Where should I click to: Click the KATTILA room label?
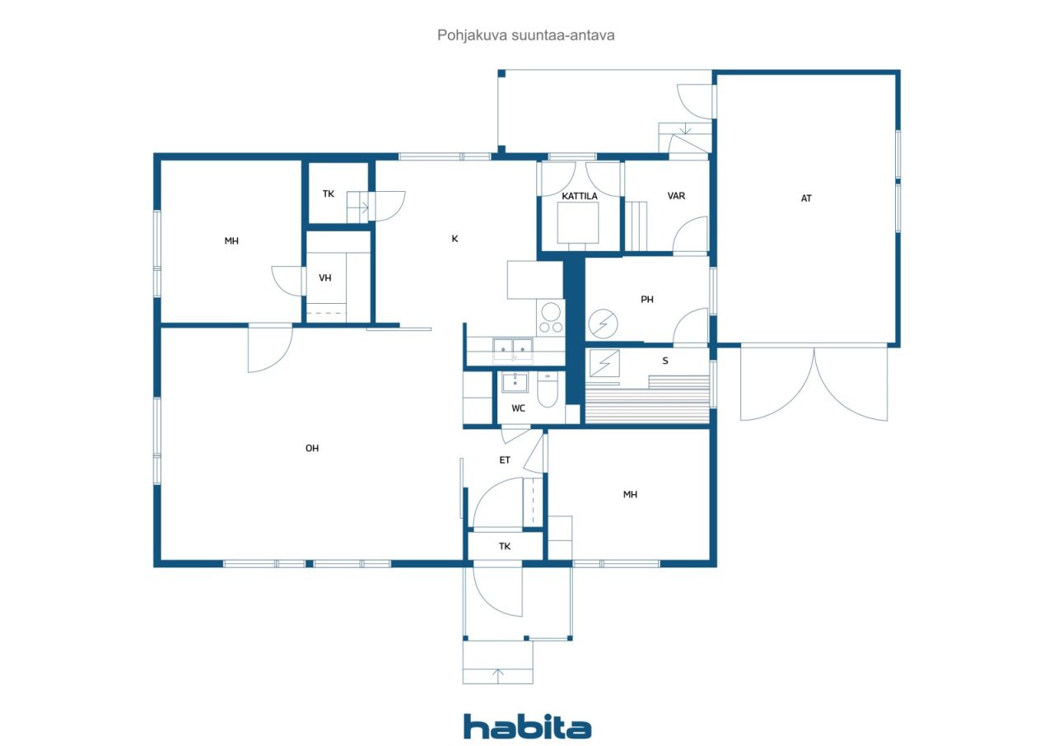pos(579,196)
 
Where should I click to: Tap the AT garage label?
pos(806,198)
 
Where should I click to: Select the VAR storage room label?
pos(676,196)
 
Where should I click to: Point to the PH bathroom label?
pos(647,299)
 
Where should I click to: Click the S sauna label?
pos(665,361)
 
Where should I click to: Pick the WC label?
pos(518,408)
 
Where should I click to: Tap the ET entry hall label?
pos(505,460)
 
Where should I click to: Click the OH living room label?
pos(312,448)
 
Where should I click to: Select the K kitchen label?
pos(455,239)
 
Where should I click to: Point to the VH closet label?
pos(324,278)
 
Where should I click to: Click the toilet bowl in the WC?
pos(548,389)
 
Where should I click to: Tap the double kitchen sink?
pos(513,350)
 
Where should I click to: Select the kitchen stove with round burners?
pos(551,318)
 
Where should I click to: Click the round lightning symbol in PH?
pos(603,324)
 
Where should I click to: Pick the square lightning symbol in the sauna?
pos(604,363)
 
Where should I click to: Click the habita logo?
pos(527,727)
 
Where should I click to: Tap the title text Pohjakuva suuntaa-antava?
pos(525,35)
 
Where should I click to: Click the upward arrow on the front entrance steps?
pos(498,675)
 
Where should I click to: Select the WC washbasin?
pos(515,382)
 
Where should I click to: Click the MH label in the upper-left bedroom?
pos(231,241)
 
